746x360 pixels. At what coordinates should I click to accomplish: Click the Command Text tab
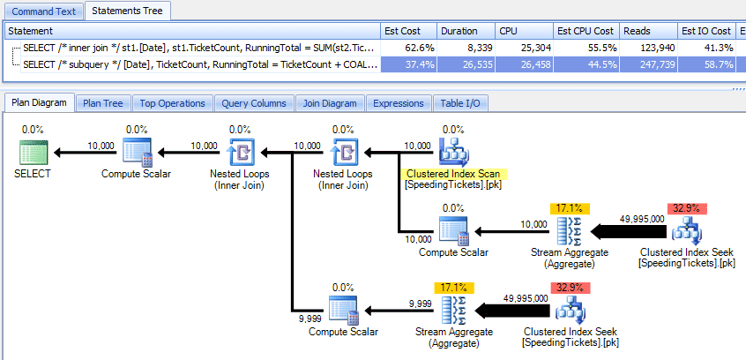(x=42, y=11)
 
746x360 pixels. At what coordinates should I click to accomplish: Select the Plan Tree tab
(x=102, y=103)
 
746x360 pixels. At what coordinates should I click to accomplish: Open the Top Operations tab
(x=172, y=103)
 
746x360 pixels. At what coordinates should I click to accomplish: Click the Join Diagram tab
(x=330, y=103)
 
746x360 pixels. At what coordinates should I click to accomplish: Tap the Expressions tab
(x=399, y=103)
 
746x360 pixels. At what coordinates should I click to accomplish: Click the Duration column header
(x=465, y=31)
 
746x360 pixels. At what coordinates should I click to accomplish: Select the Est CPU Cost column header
(x=585, y=31)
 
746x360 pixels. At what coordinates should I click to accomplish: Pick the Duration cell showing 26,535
(x=465, y=64)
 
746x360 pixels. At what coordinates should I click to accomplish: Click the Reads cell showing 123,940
(x=649, y=47)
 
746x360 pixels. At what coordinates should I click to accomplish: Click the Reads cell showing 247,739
(x=649, y=64)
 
